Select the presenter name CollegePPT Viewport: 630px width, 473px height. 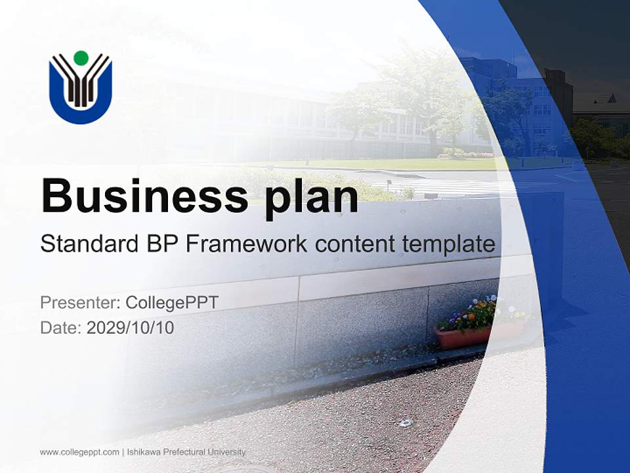coord(172,302)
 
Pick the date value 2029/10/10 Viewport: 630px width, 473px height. coord(131,327)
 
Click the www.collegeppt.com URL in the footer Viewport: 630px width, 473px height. coord(79,452)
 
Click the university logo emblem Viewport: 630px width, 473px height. coord(81,87)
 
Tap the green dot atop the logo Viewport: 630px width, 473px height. coord(81,58)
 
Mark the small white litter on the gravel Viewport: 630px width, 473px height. coord(405,422)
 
